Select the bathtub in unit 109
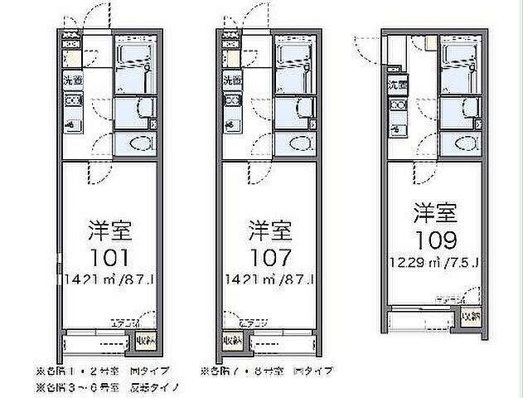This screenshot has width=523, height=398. click(x=458, y=61)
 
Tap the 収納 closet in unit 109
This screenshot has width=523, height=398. click(x=469, y=316)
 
